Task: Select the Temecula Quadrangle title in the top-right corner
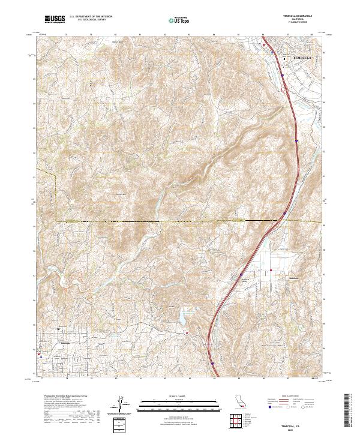point(298,16)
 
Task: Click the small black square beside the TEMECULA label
point(284,59)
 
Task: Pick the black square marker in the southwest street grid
point(58,329)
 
